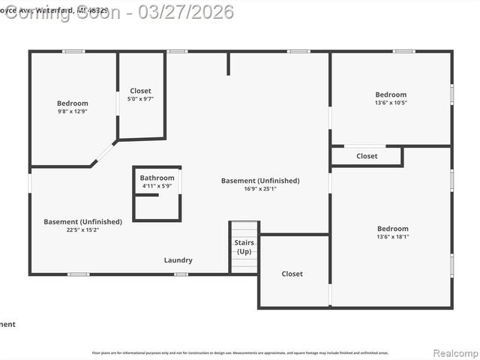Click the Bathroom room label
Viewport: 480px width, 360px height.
click(x=157, y=178)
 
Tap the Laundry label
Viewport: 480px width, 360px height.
click(x=178, y=260)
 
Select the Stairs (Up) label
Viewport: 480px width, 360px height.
click(x=244, y=247)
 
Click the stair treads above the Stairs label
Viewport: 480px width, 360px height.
click(x=244, y=229)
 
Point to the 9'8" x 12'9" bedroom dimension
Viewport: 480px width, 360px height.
click(x=73, y=111)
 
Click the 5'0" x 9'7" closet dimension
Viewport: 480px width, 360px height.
click(x=140, y=98)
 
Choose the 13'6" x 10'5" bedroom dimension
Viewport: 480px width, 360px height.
click(x=391, y=103)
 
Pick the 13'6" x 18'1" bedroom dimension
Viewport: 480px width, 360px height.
click(x=393, y=237)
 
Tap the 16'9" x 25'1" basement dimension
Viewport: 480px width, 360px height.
click(x=260, y=189)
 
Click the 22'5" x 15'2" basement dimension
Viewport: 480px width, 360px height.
click(x=82, y=230)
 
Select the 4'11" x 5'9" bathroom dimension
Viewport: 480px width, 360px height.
click(x=157, y=186)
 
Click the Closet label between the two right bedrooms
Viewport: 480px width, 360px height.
click(x=367, y=156)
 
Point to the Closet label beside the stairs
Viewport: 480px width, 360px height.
click(x=292, y=274)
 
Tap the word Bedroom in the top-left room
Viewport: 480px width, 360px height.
click(x=73, y=103)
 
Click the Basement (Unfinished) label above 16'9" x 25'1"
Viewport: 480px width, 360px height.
click(x=260, y=181)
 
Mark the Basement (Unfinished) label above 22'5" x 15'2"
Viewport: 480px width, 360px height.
click(x=82, y=222)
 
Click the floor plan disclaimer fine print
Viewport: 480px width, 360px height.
click(x=240, y=352)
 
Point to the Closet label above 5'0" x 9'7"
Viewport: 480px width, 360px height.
click(x=140, y=91)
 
